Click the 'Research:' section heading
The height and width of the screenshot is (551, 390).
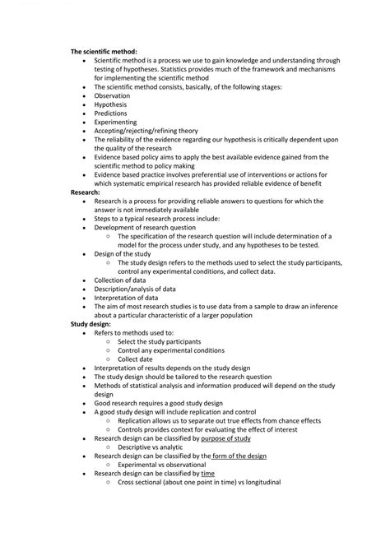[x=86, y=192]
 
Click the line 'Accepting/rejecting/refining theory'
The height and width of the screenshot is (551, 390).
[x=146, y=131]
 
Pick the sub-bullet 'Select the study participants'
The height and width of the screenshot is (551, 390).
[x=159, y=341]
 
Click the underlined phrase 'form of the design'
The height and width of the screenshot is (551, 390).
[x=238, y=456]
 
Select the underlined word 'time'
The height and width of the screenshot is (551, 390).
[x=207, y=475]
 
